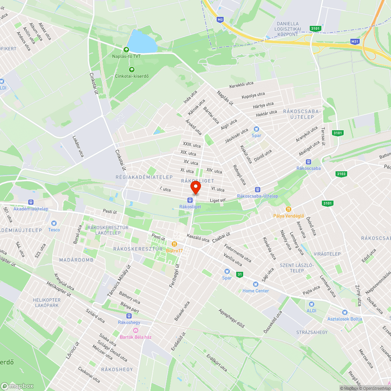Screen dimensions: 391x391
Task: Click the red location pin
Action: coord(195,188)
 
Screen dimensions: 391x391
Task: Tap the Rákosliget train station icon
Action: coord(190,200)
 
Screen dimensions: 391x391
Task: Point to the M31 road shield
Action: coord(354,41)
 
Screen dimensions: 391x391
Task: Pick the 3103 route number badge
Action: coord(341,174)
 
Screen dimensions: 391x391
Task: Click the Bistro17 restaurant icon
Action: coord(169,244)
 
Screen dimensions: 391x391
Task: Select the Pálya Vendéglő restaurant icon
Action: coord(289,209)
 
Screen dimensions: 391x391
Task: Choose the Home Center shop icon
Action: coord(256,284)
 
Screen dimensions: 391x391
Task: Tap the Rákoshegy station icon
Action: coord(129,316)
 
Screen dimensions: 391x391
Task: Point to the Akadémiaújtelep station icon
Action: coord(31,202)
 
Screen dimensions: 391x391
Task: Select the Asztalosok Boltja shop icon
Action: coord(344,312)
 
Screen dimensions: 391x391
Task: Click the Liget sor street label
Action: coord(218,200)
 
